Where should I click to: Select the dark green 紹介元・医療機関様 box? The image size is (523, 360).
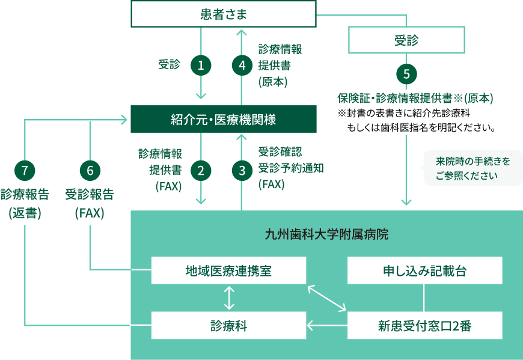(223, 119)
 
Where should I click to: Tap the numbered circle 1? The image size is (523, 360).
(201, 66)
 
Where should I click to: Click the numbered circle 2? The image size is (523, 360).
(201, 171)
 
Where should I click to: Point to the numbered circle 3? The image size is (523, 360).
(242, 171)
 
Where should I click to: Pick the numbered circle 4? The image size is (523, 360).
(242, 66)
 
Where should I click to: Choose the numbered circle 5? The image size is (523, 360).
(407, 74)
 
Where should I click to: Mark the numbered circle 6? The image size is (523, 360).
(90, 171)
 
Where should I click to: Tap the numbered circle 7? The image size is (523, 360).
(25, 171)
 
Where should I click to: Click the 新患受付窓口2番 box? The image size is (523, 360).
(425, 326)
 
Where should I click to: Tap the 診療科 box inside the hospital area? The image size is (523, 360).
(228, 326)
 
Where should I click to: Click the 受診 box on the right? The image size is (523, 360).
(407, 41)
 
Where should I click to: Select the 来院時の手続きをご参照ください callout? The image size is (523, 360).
(473, 168)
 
